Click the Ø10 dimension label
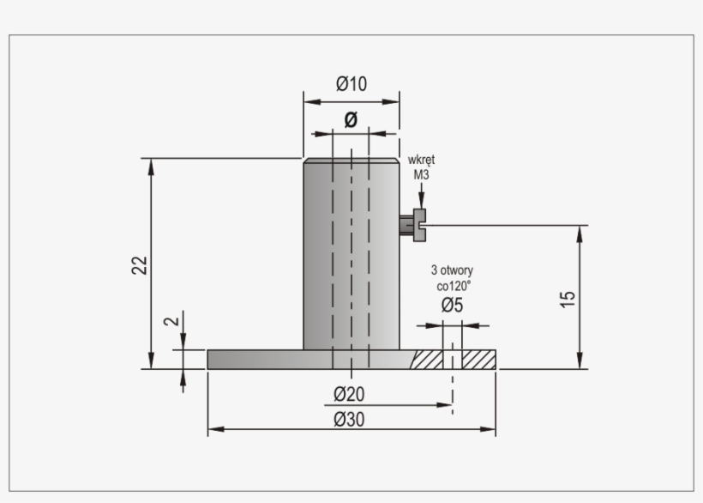click(x=351, y=84)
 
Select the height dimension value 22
click(x=140, y=265)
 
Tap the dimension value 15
click(x=568, y=300)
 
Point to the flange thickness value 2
click(x=171, y=321)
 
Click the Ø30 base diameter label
click(x=349, y=420)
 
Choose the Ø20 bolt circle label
click(x=349, y=394)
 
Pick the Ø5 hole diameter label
click(x=452, y=305)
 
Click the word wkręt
click(x=421, y=161)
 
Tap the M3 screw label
click(x=421, y=174)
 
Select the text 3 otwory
click(x=452, y=270)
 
